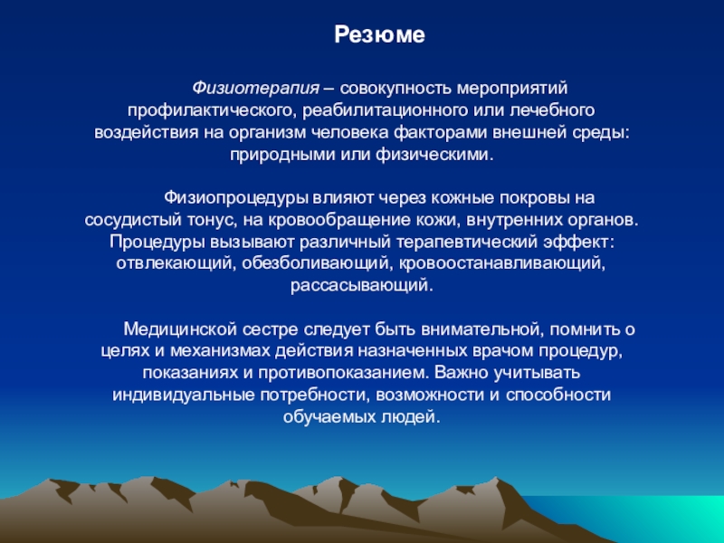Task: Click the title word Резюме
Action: click(379, 35)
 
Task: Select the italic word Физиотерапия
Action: click(255, 88)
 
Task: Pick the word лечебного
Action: click(552, 110)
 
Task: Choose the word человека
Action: click(349, 132)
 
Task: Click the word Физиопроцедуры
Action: click(236, 198)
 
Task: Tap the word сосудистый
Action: click(133, 220)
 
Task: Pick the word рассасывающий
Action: click(362, 286)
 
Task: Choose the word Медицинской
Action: click(180, 329)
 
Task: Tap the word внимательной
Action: click(482, 329)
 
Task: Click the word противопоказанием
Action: click(344, 373)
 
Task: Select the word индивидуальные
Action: click(184, 395)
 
